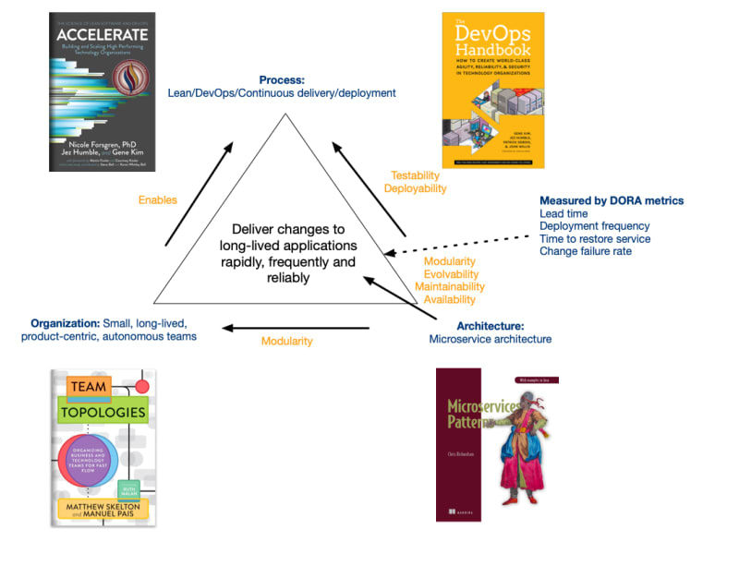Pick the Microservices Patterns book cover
[x=497, y=444]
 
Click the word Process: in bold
[x=283, y=80]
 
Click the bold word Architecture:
[x=491, y=326]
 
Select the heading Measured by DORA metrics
[x=612, y=200]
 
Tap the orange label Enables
[x=158, y=199]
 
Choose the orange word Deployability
[x=415, y=188]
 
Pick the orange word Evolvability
[x=451, y=274]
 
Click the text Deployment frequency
[x=594, y=226]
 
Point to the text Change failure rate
[x=586, y=251]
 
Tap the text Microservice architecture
[x=491, y=339]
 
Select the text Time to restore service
[x=595, y=239]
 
